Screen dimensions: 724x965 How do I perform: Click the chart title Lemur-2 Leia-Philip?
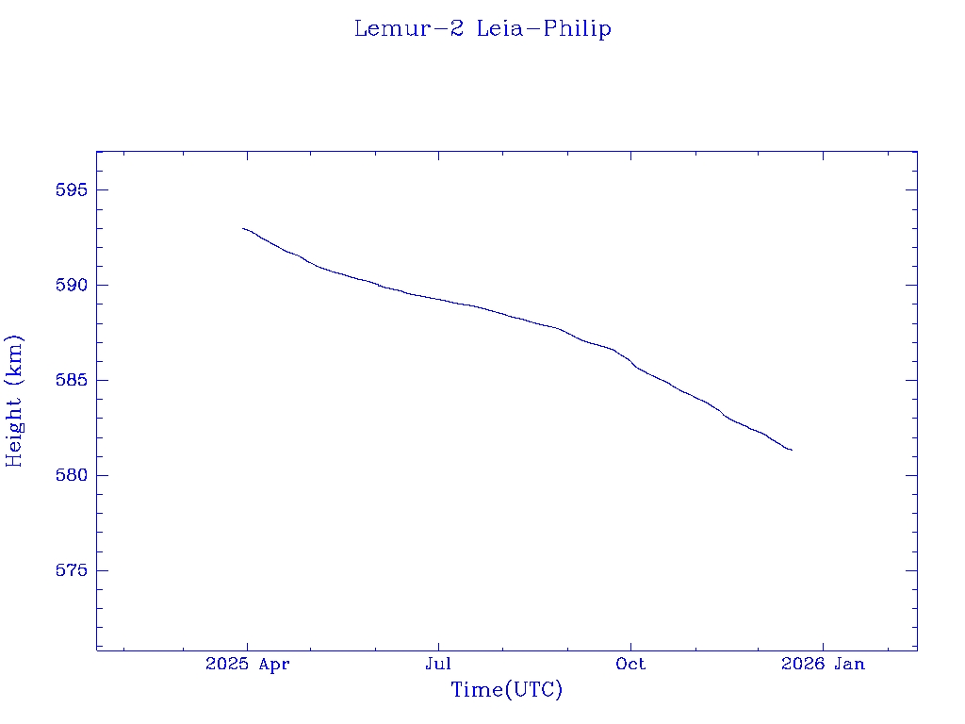[482, 29]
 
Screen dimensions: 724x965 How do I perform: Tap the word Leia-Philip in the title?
[544, 29]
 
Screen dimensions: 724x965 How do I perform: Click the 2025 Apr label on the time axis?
[247, 665]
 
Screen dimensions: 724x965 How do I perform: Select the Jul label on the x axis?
[438, 665]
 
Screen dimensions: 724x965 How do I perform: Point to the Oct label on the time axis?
[630, 665]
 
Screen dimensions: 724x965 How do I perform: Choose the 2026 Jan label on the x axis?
[823, 665]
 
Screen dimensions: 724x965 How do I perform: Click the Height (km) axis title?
[14, 401]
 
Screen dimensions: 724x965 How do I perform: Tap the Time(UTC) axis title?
[507, 691]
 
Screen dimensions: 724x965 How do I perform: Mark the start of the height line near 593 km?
[243, 228]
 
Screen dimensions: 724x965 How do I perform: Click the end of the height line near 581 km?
[791, 450]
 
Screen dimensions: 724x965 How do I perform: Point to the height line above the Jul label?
[438, 299]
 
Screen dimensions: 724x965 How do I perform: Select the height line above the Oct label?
[630, 362]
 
